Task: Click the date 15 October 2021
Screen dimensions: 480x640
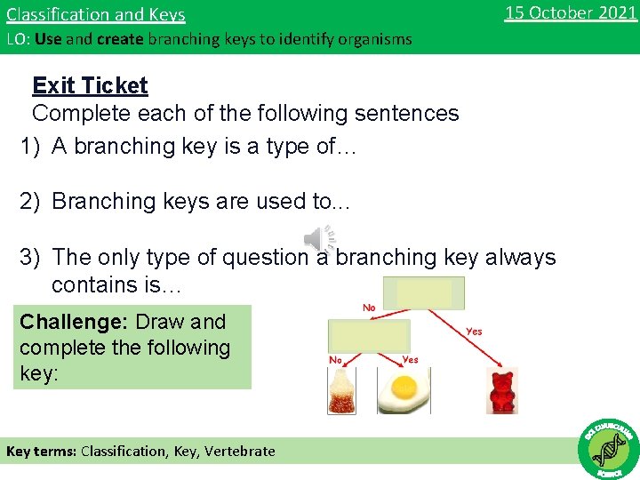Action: coord(570,13)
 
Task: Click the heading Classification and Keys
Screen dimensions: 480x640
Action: coord(96,15)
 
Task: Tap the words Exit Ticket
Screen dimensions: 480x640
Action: coord(90,85)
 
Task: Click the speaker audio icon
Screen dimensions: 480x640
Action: coord(319,239)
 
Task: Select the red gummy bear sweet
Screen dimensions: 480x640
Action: coord(503,391)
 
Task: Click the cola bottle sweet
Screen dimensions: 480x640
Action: coord(342,391)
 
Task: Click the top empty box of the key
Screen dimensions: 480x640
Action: coord(424,292)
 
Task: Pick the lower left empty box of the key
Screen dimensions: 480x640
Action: coord(369,336)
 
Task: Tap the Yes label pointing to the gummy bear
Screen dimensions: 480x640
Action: coord(474,332)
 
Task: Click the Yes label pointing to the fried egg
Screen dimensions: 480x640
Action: coord(410,360)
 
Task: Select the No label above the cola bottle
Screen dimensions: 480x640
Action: coord(336,360)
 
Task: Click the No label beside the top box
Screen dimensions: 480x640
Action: coord(369,308)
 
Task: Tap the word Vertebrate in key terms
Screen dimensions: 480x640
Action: coord(240,451)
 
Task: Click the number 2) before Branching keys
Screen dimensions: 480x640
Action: coord(31,202)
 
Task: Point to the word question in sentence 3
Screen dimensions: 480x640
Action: coord(251,258)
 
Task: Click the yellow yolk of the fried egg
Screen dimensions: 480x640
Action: coord(405,386)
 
